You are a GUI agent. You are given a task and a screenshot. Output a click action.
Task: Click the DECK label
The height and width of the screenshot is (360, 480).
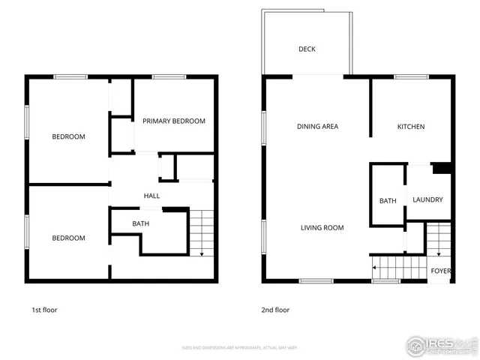[x=307, y=49]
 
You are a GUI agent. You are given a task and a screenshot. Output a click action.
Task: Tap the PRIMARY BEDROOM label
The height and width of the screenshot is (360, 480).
[x=174, y=121]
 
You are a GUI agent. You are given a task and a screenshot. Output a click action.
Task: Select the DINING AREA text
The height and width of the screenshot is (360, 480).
[x=317, y=127]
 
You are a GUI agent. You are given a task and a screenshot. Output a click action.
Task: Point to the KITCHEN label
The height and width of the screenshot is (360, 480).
[x=411, y=127]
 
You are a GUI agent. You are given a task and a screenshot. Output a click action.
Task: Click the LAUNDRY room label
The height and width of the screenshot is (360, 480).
[x=427, y=200]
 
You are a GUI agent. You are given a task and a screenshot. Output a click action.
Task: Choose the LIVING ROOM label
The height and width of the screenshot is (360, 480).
[x=322, y=228]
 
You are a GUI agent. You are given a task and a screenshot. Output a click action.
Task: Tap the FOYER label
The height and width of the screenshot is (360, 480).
[x=440, y=271]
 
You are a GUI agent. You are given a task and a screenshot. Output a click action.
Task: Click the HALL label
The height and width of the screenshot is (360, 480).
[x=151, y=196]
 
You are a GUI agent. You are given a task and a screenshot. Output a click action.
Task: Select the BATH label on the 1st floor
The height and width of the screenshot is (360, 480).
[x=140, y=224]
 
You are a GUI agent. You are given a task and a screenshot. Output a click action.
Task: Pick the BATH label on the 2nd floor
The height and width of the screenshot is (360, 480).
[x=388, y=201]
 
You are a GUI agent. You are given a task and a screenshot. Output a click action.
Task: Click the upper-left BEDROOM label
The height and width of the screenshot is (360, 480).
[x=68, y=137]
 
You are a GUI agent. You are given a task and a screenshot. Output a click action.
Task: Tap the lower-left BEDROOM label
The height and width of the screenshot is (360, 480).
[x=68, y=238]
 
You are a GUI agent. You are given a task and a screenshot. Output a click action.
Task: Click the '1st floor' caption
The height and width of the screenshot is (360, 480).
[x=44, y=310]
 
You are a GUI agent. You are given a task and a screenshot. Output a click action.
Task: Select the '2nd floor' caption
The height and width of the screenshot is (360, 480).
[x=275, y=310]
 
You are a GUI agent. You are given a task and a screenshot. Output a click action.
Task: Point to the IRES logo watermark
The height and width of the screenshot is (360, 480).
[x=442, y=344]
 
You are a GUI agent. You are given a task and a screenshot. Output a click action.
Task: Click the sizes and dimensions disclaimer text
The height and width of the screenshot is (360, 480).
[x=240, y=348]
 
